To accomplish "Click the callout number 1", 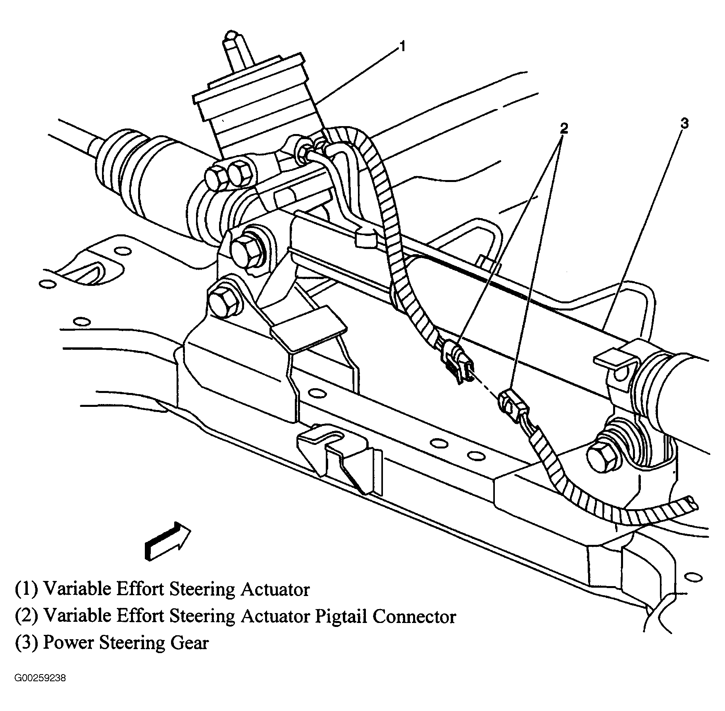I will pyautogui.click(x=402, y=47).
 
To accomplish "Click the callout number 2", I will pyautogui.click(x=564, y=128).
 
